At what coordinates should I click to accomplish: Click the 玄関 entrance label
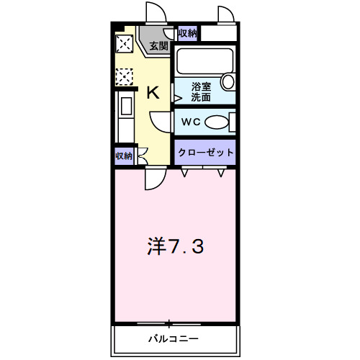(x=159, y=46)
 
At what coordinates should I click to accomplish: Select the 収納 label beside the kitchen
(x=123, y=156)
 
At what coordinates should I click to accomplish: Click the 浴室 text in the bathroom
(x=201, y=86)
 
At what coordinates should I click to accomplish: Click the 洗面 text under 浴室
(x=201, y=97)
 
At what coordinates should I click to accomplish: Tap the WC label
(x=190, y=122)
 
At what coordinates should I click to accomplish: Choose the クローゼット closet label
(x=206, y=152)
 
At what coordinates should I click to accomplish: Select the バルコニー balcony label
(x=174, y=338)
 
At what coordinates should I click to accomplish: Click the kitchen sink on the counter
(x=123, y=106)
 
